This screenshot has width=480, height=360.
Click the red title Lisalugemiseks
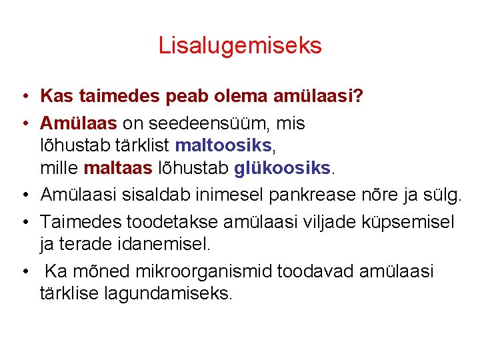pos(240,45)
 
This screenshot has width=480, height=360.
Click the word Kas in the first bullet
pos(57,97)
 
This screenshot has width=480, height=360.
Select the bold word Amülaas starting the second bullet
pos(79,123)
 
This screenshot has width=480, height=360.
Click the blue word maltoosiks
pos(223,145)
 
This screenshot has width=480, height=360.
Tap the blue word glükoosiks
pos(283,167)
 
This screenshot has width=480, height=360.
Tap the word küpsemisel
pos(411,221)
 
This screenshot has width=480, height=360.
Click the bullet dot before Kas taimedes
pos(23,97)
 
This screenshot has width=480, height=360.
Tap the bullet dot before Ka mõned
pos(23,272)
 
